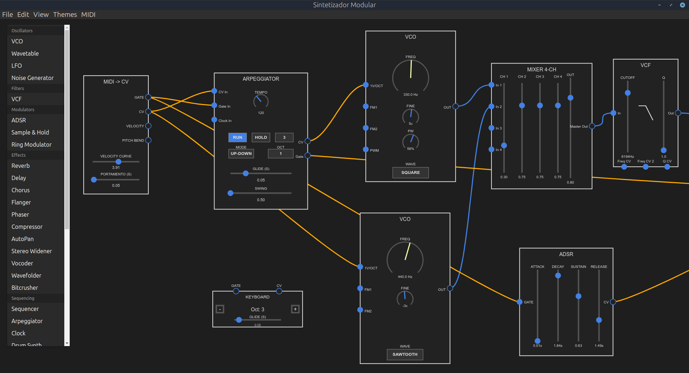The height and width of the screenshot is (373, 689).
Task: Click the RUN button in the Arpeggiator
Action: tap(237, 137)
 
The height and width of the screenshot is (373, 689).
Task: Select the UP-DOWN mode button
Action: tap(241, 154)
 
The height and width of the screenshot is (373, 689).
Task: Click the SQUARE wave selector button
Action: tap(410, 173)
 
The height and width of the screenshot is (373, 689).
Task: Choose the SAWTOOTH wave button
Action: tap(405, 354)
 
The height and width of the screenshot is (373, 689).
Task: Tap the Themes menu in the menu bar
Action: tap(65, 14)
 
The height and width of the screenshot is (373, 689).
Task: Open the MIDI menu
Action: tap(88, 14)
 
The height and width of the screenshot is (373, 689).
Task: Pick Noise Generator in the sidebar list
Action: tap(32, 78)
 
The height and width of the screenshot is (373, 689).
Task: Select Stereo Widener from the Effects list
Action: tap(32, 251)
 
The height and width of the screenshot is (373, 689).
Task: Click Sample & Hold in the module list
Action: tap(30, 132)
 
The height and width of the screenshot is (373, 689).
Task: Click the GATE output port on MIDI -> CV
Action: tap(148, 97)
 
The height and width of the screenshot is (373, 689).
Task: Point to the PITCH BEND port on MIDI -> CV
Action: tap(148, 140)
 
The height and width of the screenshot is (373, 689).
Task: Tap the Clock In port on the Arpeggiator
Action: tap(214, 120)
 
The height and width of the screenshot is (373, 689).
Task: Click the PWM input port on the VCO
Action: tap(366, 150)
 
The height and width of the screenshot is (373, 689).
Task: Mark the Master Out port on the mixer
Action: tap(592, 126)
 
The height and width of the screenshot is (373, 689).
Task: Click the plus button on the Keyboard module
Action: tap(295, 309)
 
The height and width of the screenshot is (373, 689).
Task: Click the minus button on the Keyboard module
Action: tap(220, 309)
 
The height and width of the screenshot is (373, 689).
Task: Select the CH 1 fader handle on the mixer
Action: tap(504, 145)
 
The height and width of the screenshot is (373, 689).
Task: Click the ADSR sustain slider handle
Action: tap(578, 296)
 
